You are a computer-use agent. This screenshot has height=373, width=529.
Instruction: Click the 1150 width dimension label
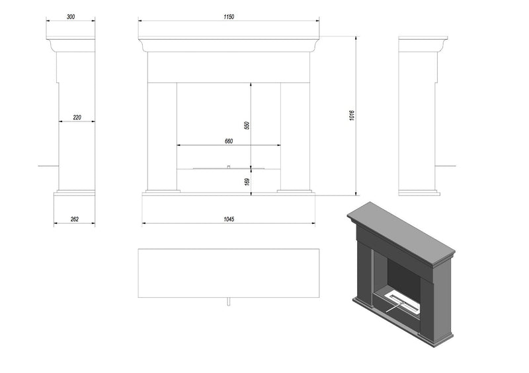pos(229,17)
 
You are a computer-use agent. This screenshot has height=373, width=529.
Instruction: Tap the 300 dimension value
pos(70,17)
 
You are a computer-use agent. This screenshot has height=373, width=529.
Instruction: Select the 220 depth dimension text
pos(77,118)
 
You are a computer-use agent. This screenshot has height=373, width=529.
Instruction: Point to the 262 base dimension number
pos(74,219)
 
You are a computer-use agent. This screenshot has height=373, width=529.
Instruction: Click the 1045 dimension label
pos(229,219)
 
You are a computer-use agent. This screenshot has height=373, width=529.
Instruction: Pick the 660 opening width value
pos(229,141)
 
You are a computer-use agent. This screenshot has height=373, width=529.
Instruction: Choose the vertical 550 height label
pos(247,125)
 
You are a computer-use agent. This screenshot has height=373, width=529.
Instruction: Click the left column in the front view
pos(162,135)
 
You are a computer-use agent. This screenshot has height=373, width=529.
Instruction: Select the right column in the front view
pos(296,135)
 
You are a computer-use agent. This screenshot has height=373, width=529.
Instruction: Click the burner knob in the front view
pos(228,167)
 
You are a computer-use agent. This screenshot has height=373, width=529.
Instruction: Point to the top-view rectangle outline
pos(229,273)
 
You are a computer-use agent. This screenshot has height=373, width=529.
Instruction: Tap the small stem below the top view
pos(228,302)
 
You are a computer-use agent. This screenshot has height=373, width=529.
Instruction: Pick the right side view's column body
pos(418,132)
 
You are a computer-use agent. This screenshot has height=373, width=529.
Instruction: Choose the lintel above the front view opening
pos(229,67)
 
